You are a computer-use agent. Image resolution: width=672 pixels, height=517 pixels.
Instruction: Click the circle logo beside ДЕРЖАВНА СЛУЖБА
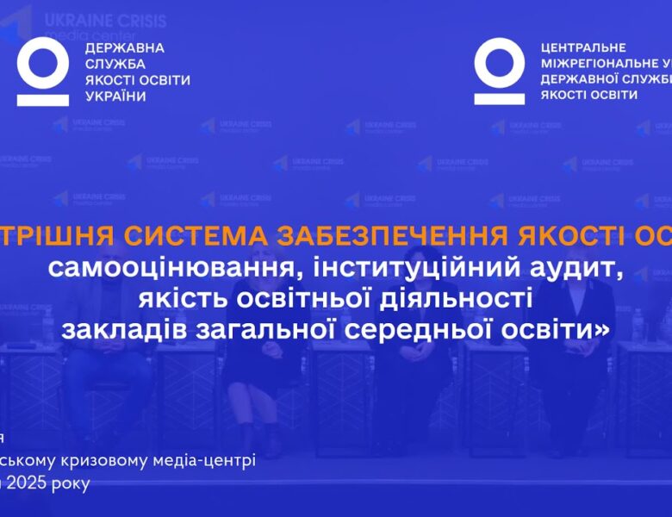tap(42, 71)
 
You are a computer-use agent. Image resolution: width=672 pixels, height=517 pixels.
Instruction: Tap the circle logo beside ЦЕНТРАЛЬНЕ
tap(499, 71)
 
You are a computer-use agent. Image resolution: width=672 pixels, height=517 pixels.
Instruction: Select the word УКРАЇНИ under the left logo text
tap(116, 96)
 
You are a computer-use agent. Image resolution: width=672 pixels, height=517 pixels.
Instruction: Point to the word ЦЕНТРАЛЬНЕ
tap(583, 48)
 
